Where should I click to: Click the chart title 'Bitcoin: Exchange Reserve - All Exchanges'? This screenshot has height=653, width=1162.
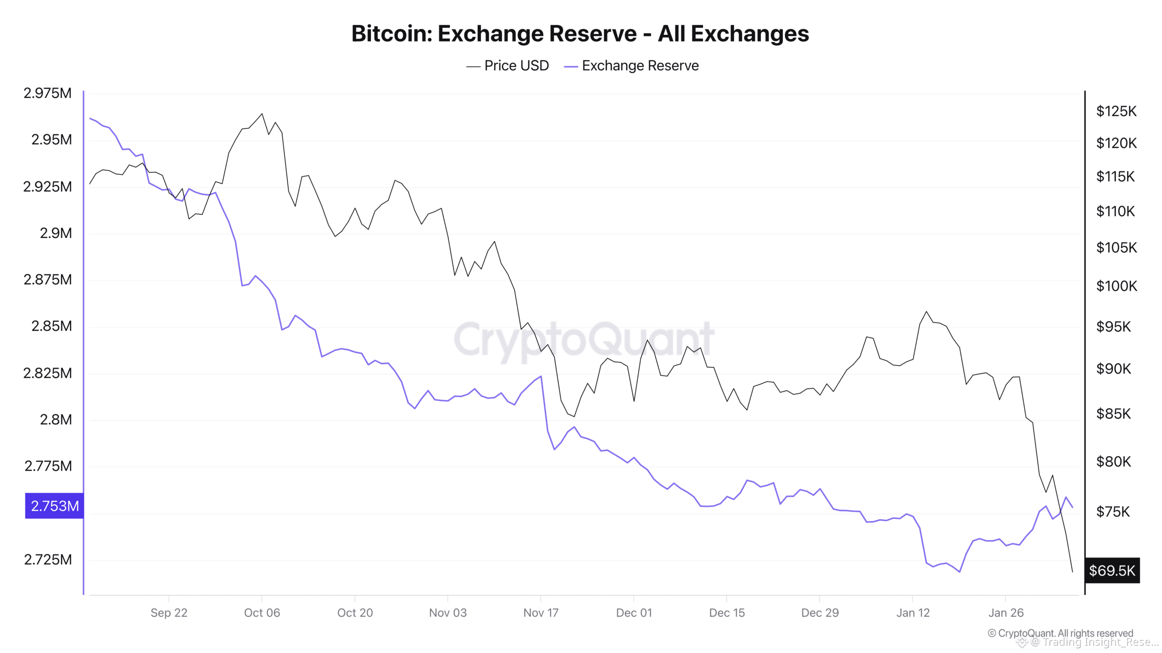coord(580,34)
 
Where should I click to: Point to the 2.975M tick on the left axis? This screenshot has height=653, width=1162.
coord(48,93)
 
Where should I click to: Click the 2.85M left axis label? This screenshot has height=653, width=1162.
coord(51,326)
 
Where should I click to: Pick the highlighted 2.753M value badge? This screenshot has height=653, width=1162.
coord(54,506)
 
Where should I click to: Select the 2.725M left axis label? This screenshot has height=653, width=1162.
coord(48,560)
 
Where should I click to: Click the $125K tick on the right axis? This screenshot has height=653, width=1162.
coord(1116,111)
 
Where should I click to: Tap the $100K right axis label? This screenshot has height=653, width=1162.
coord(1117,286)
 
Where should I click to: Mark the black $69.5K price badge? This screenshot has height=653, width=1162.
coord(1112,570)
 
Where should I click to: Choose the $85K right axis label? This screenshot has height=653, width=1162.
coord(1113,414)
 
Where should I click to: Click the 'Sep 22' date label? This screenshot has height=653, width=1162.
coord(169,613)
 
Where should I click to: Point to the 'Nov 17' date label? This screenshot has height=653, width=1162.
coord(541,613)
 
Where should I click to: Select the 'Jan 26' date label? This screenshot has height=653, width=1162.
coord(1006,613)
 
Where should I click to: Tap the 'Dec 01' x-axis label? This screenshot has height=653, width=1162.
coord(634,613)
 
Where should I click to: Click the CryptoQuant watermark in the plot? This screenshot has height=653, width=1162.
coord(584,339)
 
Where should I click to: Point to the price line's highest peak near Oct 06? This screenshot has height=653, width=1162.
coord(262,114)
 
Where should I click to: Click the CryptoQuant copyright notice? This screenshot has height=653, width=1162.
coord(1060,633)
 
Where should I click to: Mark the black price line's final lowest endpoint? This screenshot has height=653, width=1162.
coord(1073,572)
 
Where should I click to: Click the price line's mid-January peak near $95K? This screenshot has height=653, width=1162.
coord(926,312)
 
